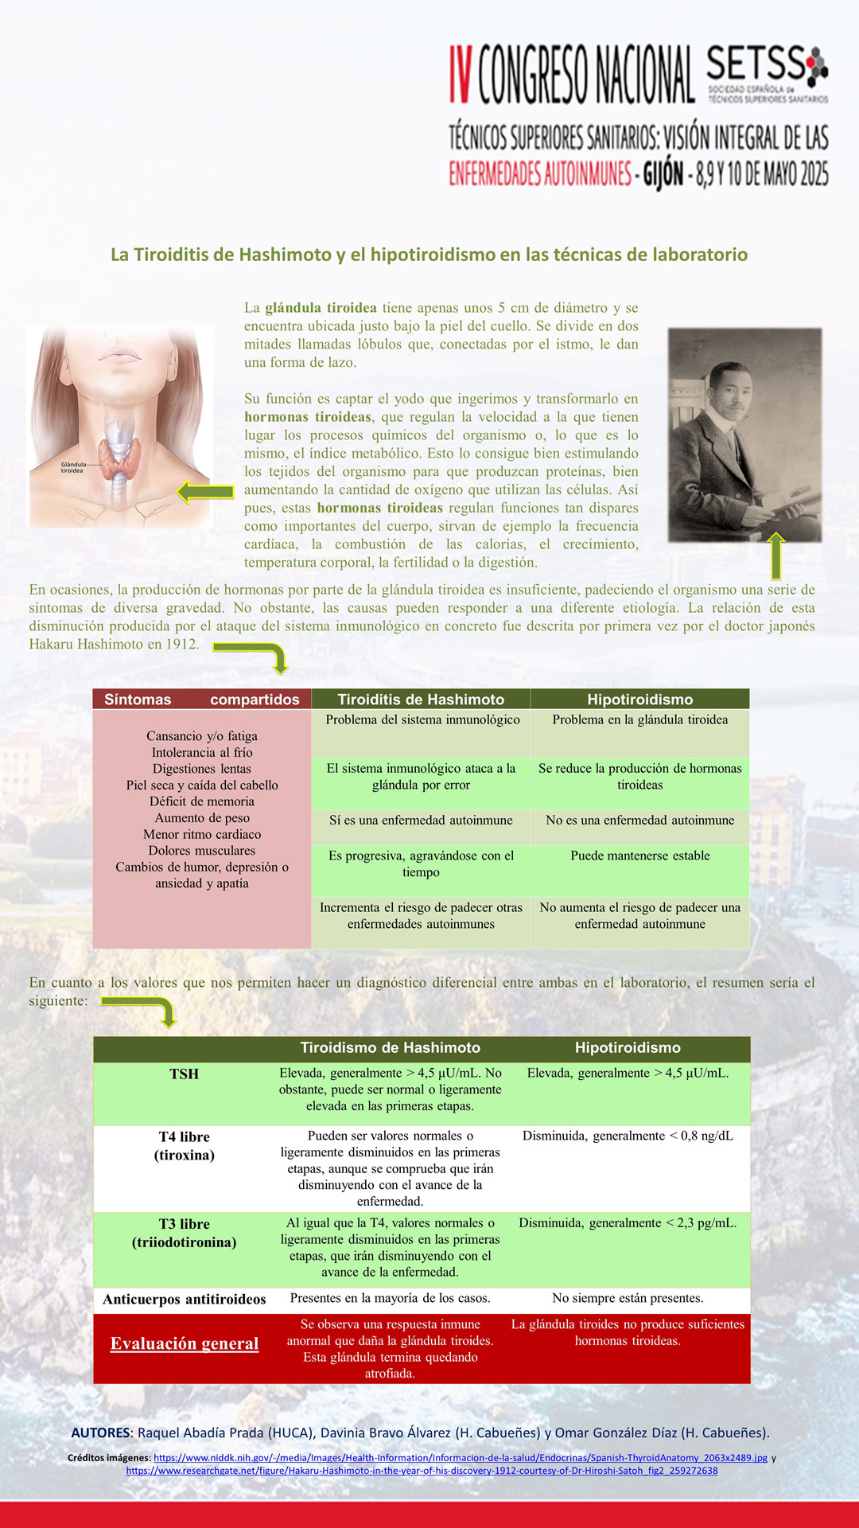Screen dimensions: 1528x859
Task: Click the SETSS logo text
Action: point(756,64)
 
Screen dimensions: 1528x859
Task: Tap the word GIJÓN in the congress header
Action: point(663,173)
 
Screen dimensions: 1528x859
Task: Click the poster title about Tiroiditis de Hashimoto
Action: point(429,255)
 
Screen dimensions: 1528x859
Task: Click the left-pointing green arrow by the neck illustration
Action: point(204,493)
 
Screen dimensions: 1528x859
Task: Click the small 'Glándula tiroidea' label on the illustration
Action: point(72,467)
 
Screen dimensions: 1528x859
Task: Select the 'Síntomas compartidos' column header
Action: point(202,700)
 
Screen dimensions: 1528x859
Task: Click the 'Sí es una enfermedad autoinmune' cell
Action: point(421,821)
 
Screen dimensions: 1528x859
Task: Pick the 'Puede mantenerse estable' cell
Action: point(639,856)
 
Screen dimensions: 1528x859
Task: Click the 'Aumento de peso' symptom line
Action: point(202,818)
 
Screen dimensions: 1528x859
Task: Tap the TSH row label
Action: point(184,1074)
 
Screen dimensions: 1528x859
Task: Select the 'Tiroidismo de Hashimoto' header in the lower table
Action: point(390,1048)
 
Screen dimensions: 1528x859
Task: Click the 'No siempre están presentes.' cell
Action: point(628,1298)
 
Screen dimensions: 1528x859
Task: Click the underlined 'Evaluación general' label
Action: point(185,1343)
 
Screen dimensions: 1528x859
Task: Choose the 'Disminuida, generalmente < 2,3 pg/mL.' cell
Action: point(628,1223)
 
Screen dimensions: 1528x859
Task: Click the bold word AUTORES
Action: point(99,1432)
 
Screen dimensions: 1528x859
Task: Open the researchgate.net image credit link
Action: point(422,1471)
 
